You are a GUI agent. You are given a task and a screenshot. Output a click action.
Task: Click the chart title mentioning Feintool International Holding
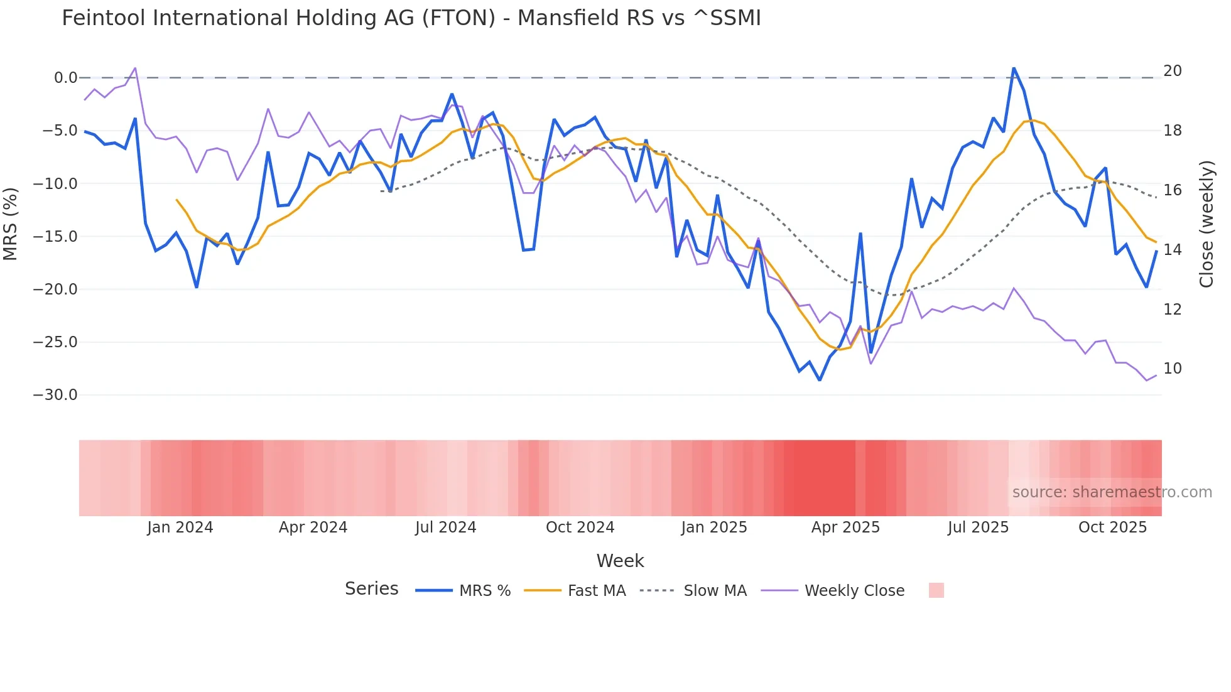click(x=411, y=18)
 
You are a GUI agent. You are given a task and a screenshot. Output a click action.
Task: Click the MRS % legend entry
click(x=484, y=591)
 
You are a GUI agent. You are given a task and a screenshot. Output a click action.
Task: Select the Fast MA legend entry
click(x=596, y=591)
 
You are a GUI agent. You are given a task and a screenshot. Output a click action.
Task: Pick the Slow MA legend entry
click(x=715, y=591)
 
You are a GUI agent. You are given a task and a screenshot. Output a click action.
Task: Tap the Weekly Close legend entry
click(x=854, y=591)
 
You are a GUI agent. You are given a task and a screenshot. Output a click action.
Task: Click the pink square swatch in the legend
click(x=936, y=590)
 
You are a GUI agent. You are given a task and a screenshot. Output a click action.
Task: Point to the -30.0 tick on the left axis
click(x=55, y=395)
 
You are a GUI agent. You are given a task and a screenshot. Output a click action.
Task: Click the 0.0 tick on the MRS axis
click(x=65, y=78)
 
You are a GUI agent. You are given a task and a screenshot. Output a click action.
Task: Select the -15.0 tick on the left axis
click(x=55, y=237)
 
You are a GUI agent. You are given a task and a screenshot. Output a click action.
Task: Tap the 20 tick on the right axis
click(x=1173, y=71)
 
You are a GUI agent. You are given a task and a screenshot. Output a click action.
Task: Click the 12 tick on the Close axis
click(x=1173, y=310)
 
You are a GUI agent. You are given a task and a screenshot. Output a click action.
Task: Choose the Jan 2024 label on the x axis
click(x=180, y=527)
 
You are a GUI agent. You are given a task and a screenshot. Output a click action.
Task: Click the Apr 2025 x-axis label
click(x=845, y=527)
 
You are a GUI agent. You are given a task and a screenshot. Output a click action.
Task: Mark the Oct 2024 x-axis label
click(x=580, y=527)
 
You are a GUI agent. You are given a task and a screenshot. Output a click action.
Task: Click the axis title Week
click(x=620, y=561)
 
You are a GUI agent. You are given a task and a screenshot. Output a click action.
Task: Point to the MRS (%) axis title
click(x=11, y=224)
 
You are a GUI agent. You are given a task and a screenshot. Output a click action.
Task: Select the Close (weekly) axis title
click(x=1207, y=224)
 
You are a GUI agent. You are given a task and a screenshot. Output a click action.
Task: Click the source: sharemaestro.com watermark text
click(x=1112, y=492)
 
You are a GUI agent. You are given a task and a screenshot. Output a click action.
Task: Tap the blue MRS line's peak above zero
click(x=1014, y=68)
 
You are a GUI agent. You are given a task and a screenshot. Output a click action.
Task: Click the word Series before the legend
click(x=371, y=589)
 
